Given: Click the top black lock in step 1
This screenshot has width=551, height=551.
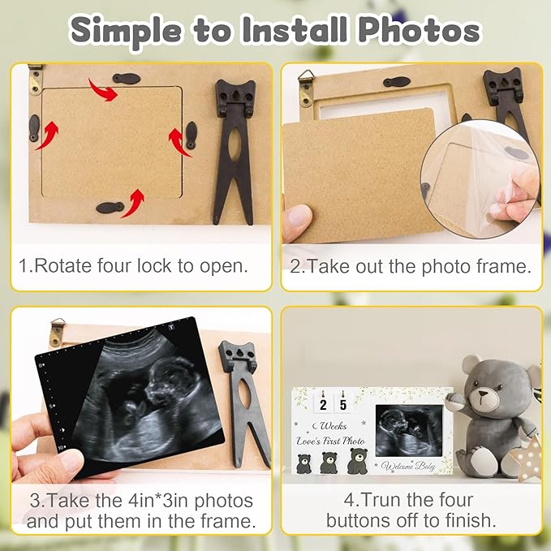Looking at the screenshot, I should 126,79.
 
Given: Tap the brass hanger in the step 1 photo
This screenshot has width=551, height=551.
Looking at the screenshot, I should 35,79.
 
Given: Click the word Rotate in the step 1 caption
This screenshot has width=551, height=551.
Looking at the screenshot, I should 69,265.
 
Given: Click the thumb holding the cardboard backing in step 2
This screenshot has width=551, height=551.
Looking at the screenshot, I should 298,217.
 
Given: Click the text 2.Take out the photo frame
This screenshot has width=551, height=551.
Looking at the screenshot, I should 411,265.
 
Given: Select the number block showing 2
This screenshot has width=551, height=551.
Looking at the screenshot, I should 323,403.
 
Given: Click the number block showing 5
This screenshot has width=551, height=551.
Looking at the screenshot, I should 343,403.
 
